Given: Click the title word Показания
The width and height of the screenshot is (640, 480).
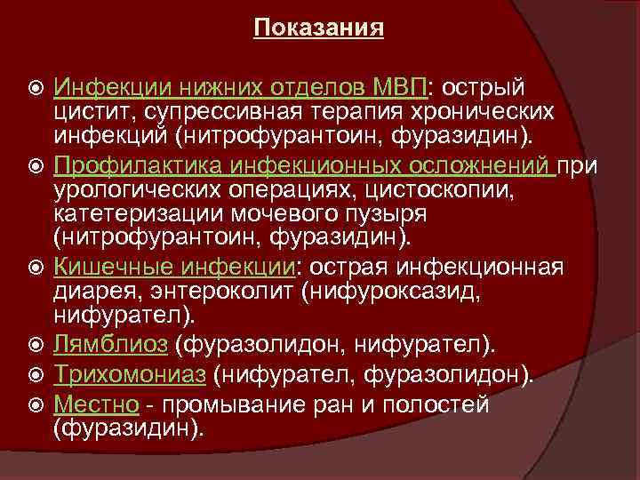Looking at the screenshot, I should click(x=318, y=29).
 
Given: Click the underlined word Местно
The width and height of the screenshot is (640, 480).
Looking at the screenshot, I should click(x=95, y=404).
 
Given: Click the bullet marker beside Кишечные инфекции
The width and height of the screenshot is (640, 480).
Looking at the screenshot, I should click(x=34, y=268).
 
